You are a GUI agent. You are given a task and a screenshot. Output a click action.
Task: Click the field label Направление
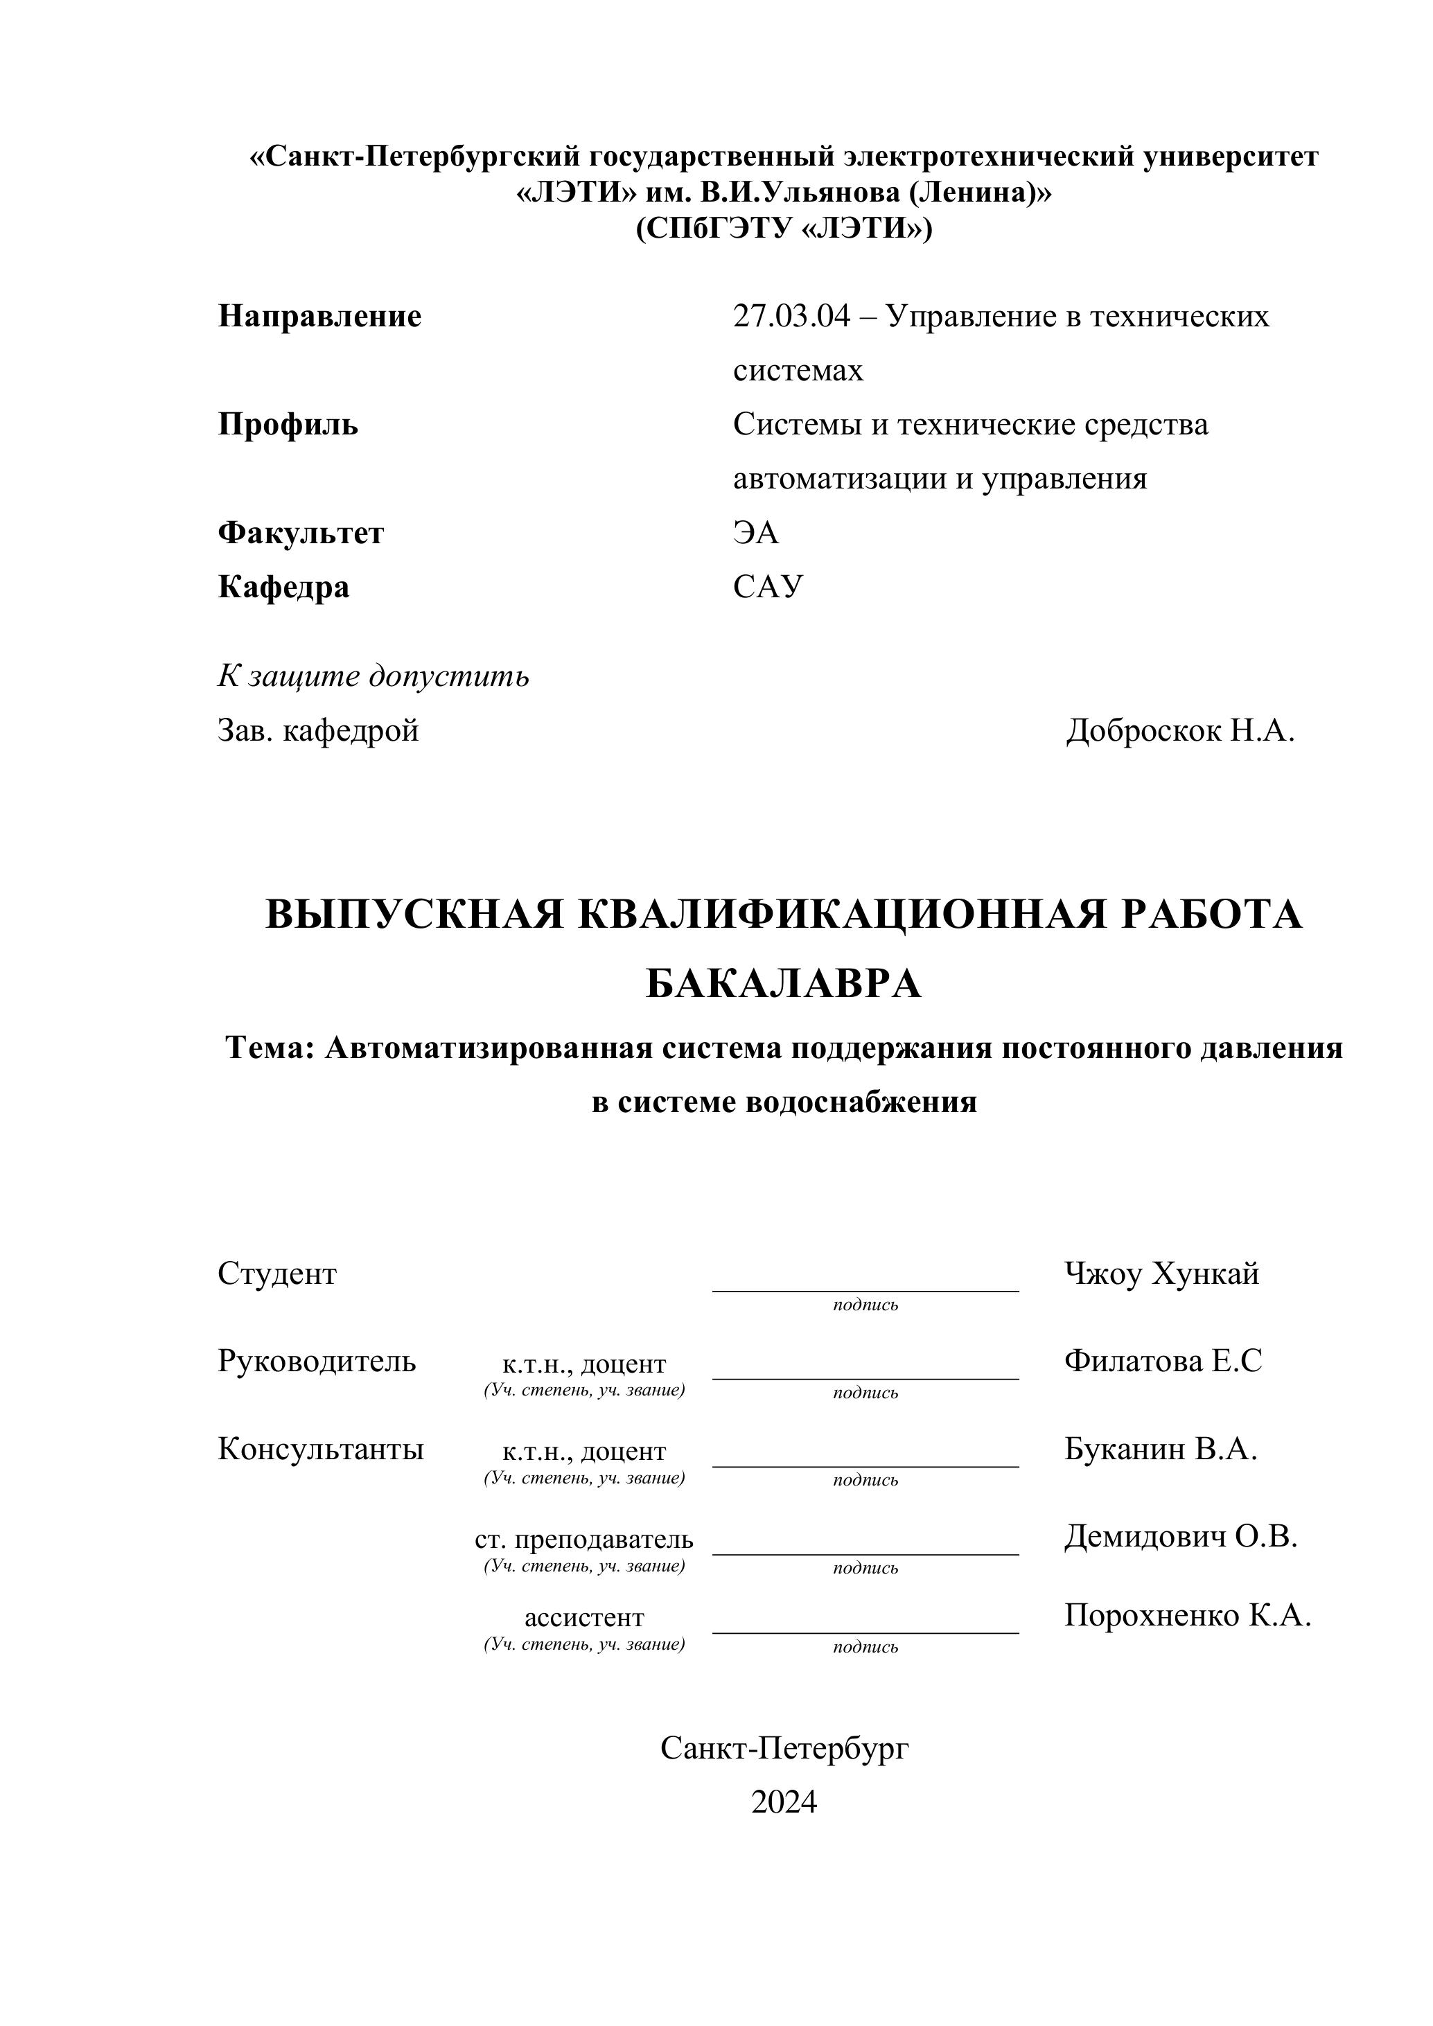click(319, 316)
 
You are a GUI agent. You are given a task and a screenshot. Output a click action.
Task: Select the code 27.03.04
click(791, 316)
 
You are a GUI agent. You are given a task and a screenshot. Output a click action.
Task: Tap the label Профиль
click(288, 425)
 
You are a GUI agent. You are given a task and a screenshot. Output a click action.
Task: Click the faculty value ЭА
click(755, 533)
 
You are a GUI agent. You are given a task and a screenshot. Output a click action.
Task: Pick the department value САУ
click(768, 587)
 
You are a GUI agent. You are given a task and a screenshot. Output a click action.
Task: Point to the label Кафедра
click(283, 587)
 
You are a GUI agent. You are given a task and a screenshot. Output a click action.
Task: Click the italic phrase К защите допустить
click(373, 676)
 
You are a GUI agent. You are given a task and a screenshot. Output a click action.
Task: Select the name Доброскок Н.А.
click(1180, 730)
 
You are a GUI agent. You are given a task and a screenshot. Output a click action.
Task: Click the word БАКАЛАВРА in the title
click(784, 984)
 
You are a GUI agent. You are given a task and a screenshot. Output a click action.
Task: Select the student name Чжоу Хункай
click(1161, 1274)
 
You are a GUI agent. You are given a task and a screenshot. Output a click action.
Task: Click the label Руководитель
click(317, 1362)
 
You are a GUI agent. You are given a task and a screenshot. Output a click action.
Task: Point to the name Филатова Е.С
click(1163, 1362)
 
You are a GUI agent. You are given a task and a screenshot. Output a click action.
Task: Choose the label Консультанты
click(320, 1449)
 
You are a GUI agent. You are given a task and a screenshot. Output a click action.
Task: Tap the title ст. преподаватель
click(584, 1540)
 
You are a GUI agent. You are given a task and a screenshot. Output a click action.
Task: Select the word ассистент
click(584, 1617)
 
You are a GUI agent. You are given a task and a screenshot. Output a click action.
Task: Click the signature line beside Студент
click(865, 1290)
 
